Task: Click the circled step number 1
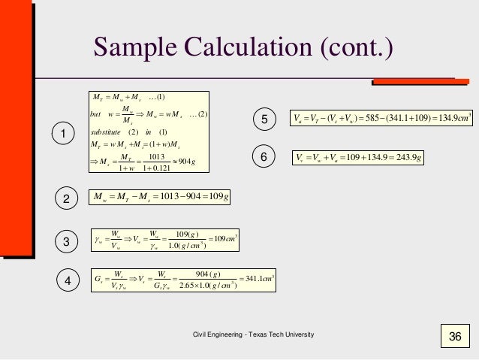click(x=63, y=134)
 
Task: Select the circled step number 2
click(x=66, y=199)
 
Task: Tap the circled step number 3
click(x=66, y=242)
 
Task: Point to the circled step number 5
click(x=263, y=119)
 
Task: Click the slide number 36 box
click(x=453, y=336)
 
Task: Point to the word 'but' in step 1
click(x=95, y=113)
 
